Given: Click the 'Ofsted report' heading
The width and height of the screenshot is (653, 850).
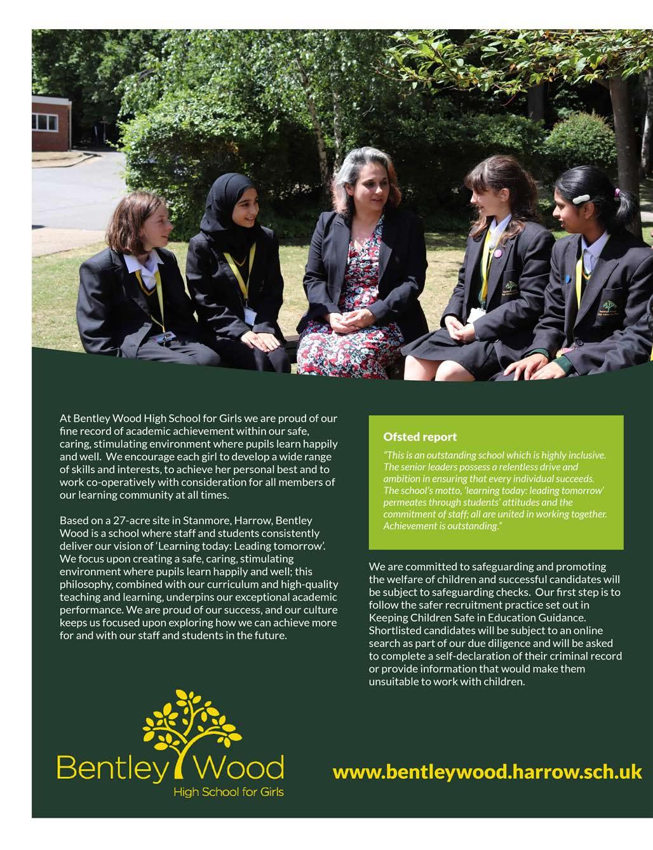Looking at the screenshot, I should click(x=419, y=437).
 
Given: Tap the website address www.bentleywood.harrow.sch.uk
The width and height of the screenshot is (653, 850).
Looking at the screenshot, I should click(x=487, y=772).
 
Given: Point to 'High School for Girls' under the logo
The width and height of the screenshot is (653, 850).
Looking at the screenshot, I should click(x=229, y=792).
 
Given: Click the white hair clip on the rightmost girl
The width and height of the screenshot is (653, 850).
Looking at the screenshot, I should click(x=582, y=198).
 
